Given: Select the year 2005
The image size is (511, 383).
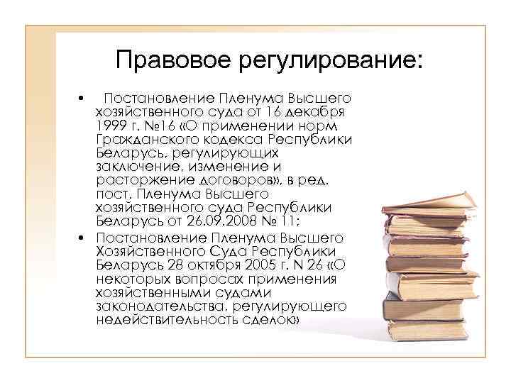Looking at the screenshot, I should point(255,265).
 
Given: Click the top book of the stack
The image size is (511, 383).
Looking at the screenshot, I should point(426,201).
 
